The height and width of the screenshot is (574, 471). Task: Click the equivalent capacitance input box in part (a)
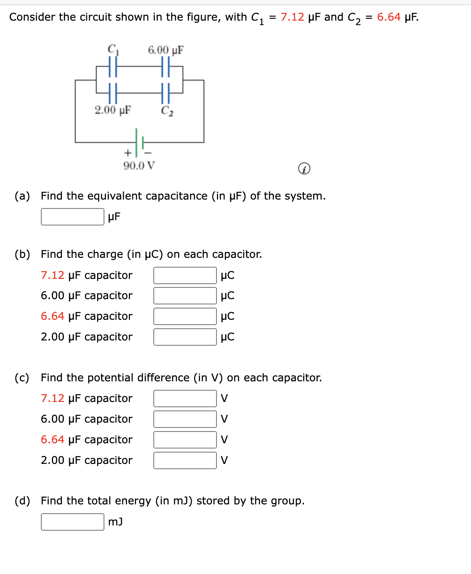coord(72,217)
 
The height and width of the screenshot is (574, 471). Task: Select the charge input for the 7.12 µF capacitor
coord(185,275)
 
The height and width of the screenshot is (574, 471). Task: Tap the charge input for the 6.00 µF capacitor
coord(185,296)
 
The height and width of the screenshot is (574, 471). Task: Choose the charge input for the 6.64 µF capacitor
coord(185,316)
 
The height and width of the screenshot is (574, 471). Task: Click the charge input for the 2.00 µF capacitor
coord(185,337)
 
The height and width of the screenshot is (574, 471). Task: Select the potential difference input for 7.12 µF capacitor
coord(185,398)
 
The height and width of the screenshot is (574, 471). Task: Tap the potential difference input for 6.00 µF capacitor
coord(185,419)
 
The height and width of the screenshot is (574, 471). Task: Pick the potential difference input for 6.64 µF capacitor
coord(185,440)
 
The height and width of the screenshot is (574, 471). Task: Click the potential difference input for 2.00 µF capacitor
coord(185,460)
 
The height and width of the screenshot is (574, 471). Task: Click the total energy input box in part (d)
coord(72,522)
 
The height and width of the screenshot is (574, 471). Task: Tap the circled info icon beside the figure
coord(304,168)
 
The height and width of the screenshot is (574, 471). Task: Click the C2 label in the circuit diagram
coord(167,111)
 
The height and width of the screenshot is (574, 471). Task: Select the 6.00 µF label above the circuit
coord(165,50)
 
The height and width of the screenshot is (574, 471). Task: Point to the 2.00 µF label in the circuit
coord(112,110)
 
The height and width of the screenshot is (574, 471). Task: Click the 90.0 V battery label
coord(139,166)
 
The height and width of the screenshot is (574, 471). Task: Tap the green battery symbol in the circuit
coord(139,142)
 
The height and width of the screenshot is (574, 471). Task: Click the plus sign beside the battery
coord(127,153)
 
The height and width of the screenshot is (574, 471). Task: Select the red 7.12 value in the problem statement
coord(292,17)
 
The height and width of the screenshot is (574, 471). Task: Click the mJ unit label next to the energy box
coord(115,522)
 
